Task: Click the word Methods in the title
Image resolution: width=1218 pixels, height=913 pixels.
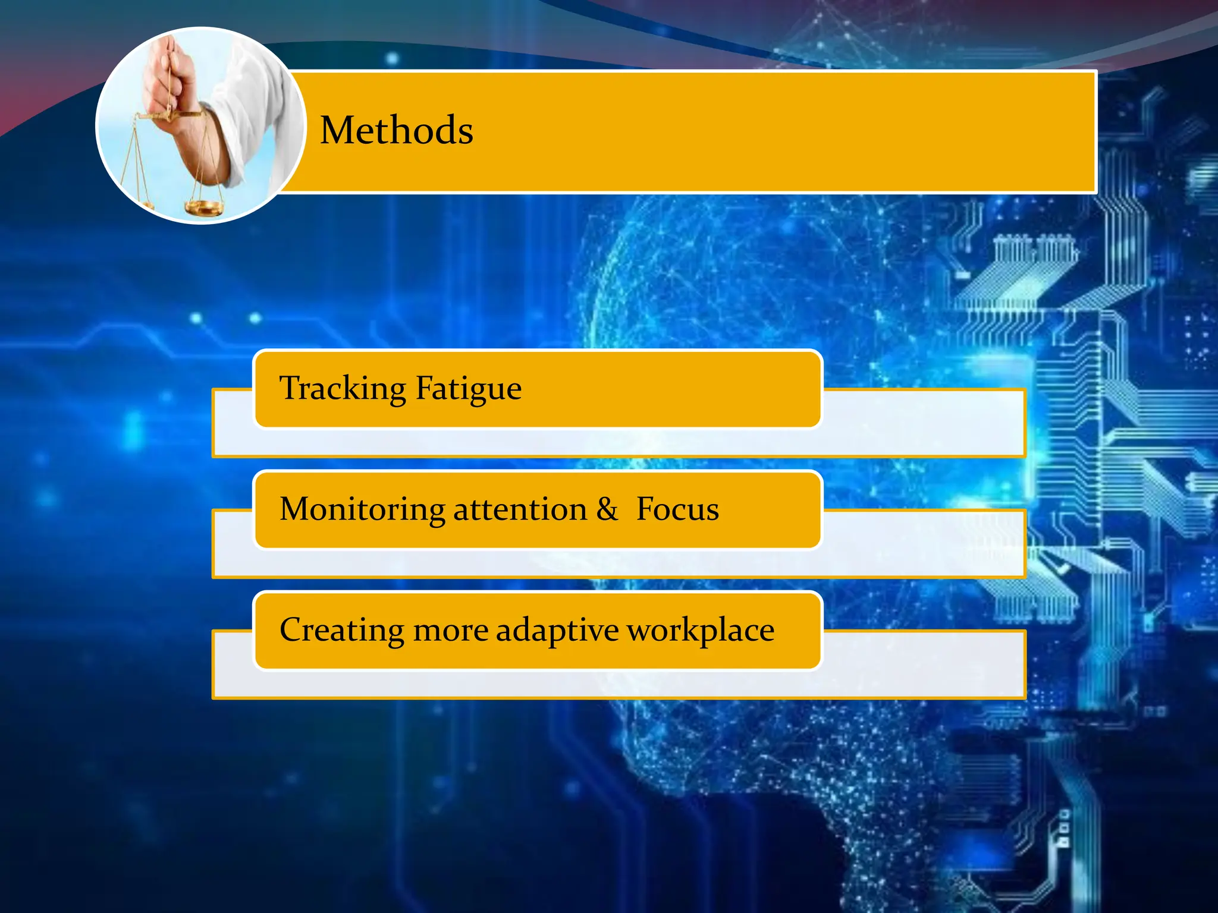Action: tap(397, 130)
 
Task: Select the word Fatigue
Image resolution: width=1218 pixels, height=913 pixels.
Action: tap(468, 389)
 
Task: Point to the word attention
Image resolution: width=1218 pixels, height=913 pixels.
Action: tap(520, 509)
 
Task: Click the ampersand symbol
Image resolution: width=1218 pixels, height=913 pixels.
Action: tap(607, 509)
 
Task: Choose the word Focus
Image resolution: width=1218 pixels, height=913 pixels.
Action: tap(677, 509)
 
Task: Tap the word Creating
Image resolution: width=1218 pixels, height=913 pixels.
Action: tap(341, 630)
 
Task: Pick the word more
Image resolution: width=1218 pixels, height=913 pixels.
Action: tap(450, 630)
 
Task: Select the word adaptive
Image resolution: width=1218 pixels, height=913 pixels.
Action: tap(557, 630)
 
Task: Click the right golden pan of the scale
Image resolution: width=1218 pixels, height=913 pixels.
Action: tap(204, 207)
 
